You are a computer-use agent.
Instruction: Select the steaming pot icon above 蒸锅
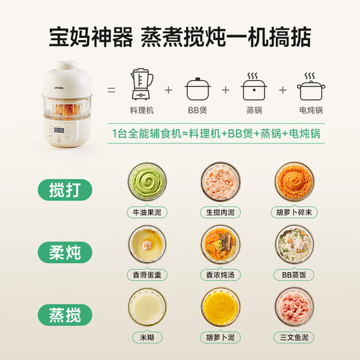(253, 88)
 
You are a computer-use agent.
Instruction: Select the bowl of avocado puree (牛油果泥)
(146, 181)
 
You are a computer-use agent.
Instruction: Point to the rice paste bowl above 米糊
(146, 306)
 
